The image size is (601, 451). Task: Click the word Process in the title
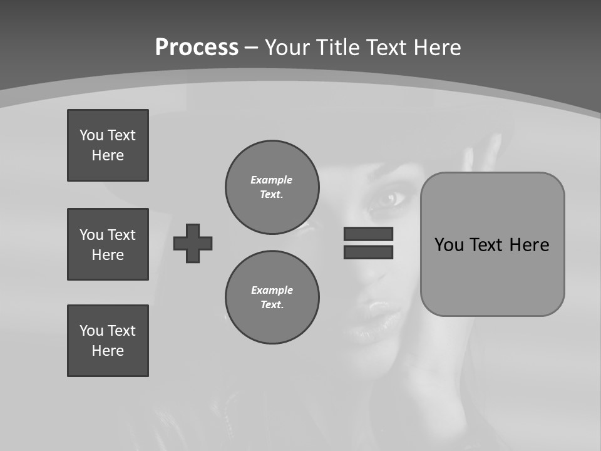coord(197,48)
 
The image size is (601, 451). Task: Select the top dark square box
coord(108,145)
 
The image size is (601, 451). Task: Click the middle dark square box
coord(108,244)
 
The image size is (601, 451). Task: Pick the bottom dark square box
coord(108,341)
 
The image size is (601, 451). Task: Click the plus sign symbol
coord(193,243)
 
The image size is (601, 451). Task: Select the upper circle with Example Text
coord(272,187)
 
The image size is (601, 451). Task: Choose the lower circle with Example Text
coord(272,298)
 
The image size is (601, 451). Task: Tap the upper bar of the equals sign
coord(368,234)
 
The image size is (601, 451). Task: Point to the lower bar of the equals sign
coord(368,252)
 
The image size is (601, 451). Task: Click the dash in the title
coord(252,48)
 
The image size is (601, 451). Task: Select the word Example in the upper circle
coord(272,180)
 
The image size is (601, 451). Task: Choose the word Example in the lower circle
coord(272,290)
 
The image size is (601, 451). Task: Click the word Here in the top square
coord(108,155)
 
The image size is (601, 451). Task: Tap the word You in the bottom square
coord(91,331)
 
